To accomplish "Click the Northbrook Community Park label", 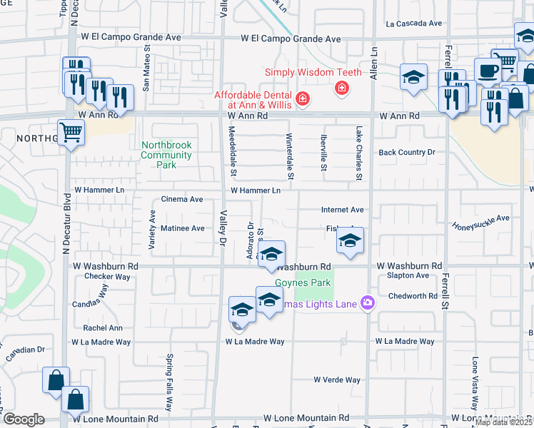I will [166, 155].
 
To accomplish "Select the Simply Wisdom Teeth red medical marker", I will [342, 88].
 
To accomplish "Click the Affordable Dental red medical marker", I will [303, 98].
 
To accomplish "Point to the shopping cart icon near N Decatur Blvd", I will [71, 132].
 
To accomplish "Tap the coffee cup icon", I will [488, 71].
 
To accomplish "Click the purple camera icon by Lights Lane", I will [368, 303].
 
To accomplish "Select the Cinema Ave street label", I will [182, 200].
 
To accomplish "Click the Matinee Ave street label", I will [182, 228].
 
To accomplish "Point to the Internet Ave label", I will [343, 210].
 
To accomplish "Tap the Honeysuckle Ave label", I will [481, 222].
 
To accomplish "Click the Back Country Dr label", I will [407, 152].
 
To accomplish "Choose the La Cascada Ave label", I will [414, 23].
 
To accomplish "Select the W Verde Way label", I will [338, 380].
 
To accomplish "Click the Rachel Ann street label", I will [103, 328].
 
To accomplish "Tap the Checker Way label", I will [107, 277].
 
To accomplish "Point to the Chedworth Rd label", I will [413, 296].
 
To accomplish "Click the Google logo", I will [24, 419].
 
